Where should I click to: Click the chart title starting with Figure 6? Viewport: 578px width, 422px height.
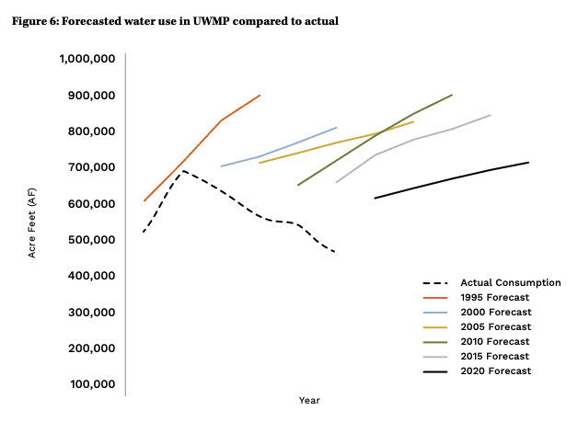tap(175, 21)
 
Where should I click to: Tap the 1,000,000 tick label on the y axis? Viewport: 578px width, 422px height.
tap(87, 59)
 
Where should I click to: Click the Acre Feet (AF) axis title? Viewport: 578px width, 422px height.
tap(32, 222)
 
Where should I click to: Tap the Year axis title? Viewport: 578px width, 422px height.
tap(309, 400)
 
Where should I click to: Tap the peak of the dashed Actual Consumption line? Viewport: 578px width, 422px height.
tap(183, 170)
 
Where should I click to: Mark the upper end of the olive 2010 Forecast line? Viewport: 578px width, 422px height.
tap(452, 95)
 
